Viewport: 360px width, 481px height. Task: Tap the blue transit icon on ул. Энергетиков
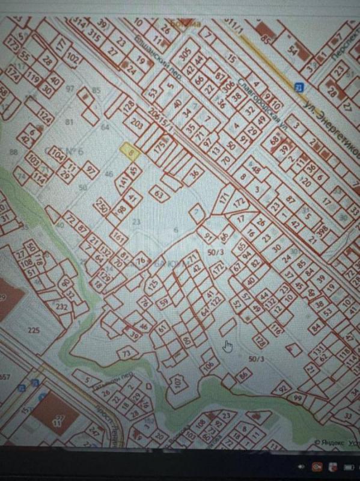299,88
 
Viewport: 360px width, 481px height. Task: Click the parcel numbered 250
102,209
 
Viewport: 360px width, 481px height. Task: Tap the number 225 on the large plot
34,330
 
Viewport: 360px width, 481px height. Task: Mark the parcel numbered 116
277,329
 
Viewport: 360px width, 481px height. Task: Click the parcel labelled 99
297,398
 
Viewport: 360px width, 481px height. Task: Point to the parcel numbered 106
209,364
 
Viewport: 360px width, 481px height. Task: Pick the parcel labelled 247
93,431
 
